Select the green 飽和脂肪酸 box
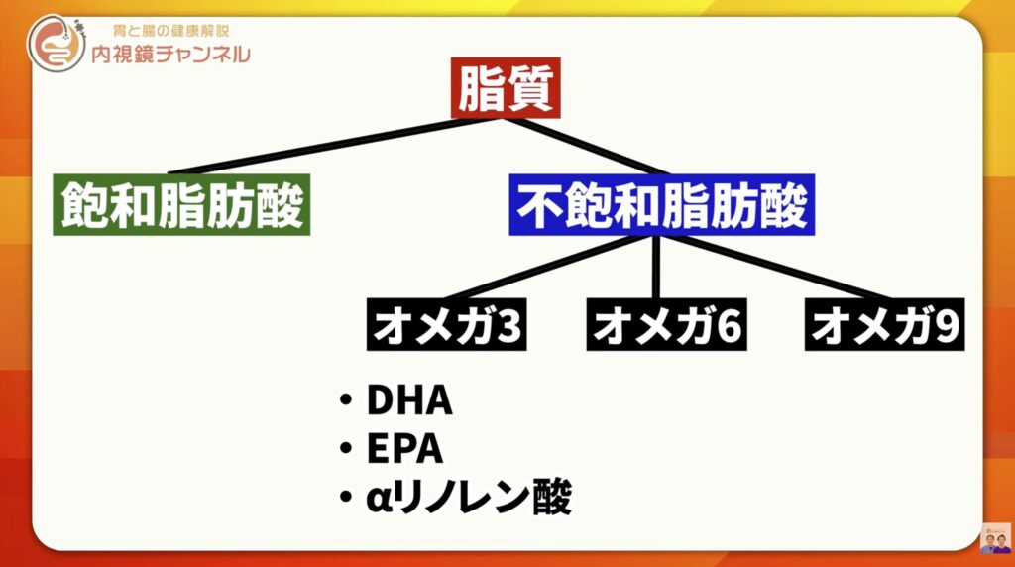click(x=180, y=205)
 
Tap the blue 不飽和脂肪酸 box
click(x=662, y=206)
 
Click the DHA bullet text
click(x=408, y=401)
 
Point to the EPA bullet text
click(x=404, y=449)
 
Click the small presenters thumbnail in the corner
click(x=995, y=538)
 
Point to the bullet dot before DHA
click(x=345, y=401)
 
